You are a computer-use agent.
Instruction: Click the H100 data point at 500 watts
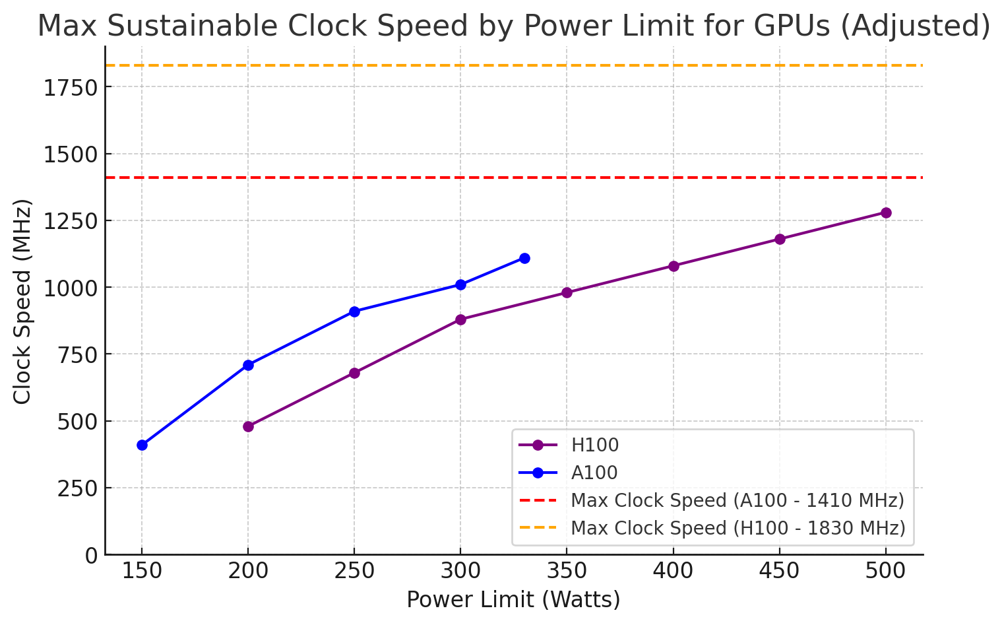886,213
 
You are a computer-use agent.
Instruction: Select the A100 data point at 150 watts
142,445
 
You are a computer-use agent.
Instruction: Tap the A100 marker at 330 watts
524,258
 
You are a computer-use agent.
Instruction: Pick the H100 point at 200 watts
248,426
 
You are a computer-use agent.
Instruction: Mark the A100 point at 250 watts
354,312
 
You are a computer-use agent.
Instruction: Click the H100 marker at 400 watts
674,266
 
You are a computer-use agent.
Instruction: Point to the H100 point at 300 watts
460,319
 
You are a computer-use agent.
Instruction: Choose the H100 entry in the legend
594,445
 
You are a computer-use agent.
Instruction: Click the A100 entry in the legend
594,473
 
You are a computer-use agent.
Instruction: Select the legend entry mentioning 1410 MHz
737,501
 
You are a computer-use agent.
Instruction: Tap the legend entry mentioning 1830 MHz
737,529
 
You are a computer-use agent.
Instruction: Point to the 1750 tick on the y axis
71,88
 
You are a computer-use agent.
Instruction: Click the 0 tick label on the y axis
91,556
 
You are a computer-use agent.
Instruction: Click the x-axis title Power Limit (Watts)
513,600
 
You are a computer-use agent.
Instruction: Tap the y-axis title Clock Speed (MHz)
22,301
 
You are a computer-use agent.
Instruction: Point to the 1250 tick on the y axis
71,221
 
